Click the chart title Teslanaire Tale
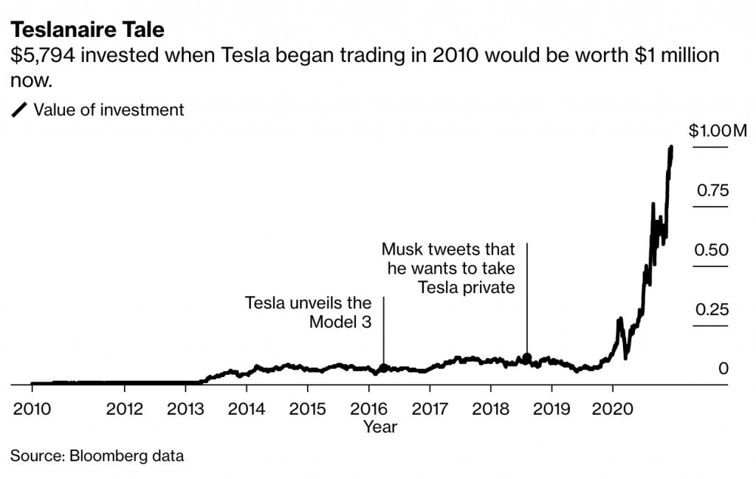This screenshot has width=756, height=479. [x=87, y=30]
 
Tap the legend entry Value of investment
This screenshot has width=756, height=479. [x=109, y=110]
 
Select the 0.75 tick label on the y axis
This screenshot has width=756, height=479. [x=712, y=191]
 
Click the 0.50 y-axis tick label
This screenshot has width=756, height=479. [x=711, y=250]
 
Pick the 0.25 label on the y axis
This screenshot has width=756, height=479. [x=712, y=309]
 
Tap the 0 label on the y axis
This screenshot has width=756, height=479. [x=724, y=368]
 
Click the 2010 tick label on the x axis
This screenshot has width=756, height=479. [x=32, y=408]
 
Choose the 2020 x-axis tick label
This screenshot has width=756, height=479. [x=612, y=408]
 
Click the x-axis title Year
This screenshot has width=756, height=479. [x=380, y=427]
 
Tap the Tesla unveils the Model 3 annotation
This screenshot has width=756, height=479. [x=308, y=312]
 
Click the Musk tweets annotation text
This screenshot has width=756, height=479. [x=448, y=268]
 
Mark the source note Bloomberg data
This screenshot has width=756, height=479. [x=97, y=455]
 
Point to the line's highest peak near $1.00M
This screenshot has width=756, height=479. [x=671, y=148]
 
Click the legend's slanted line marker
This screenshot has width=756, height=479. [x=19, y=110]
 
